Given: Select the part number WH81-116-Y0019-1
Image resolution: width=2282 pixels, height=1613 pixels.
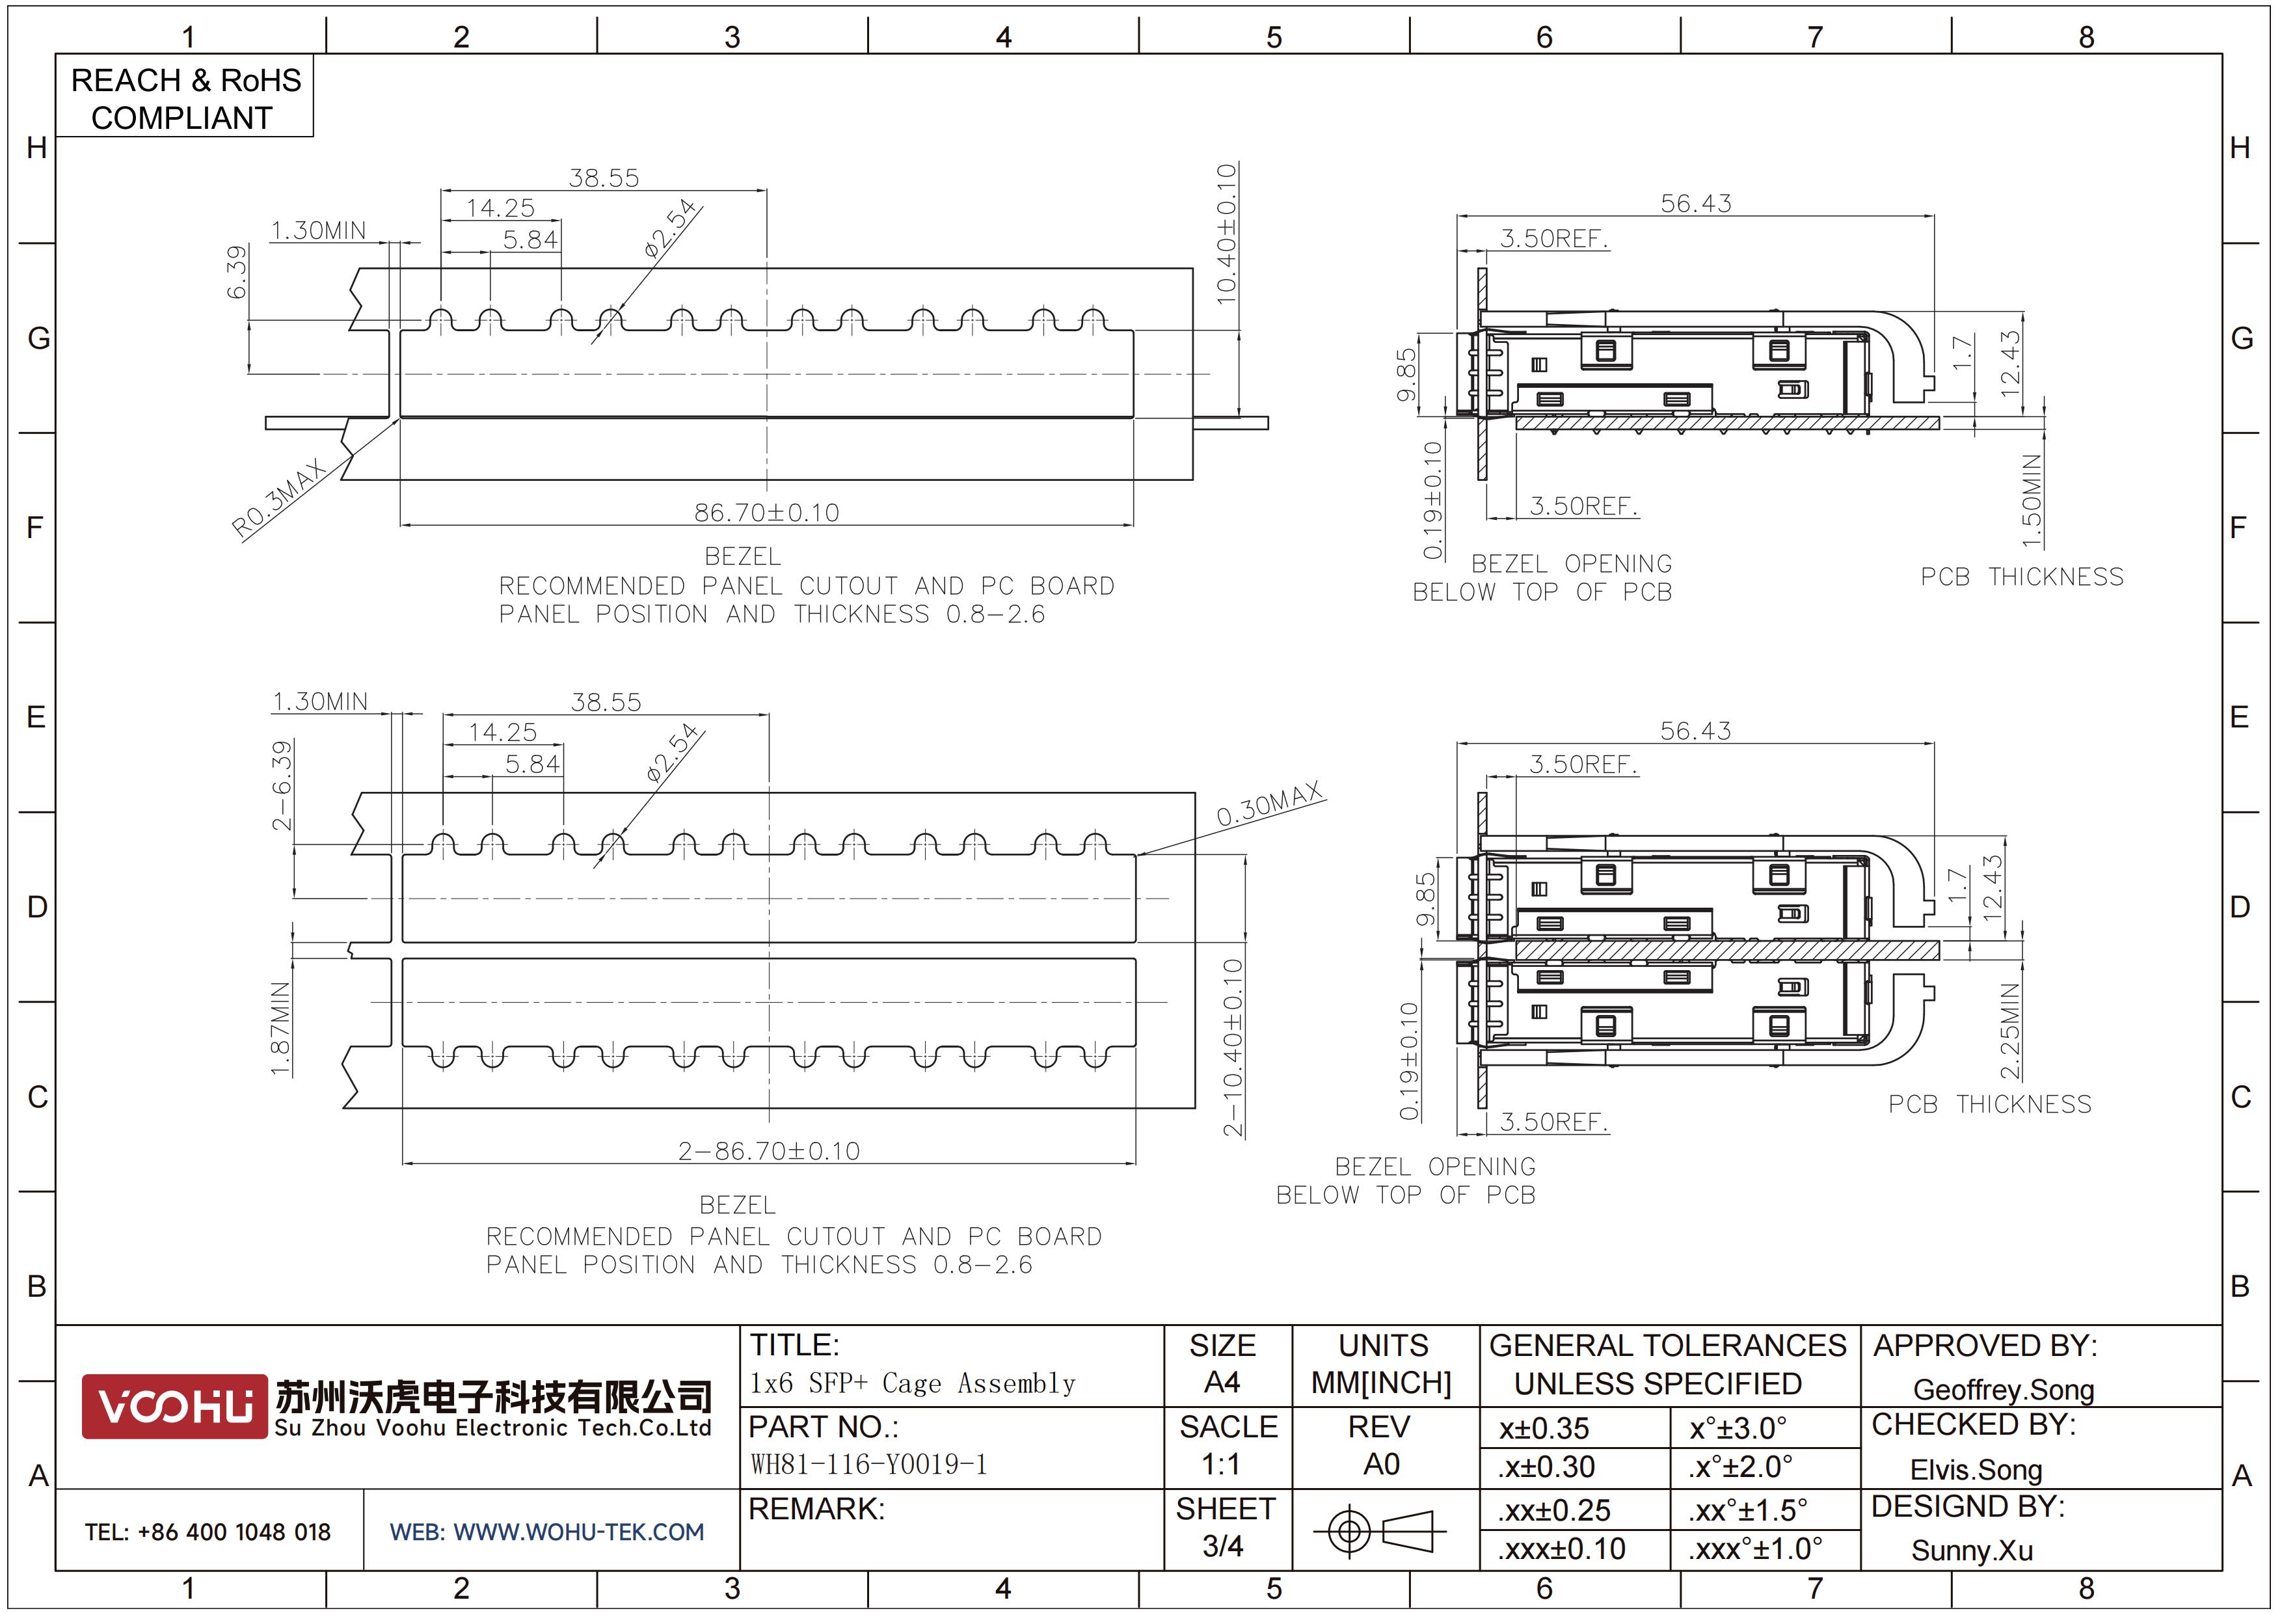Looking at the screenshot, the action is pyautogui.click(x=868, y=1464).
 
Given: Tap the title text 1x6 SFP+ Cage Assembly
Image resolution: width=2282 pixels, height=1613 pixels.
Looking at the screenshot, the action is pyautogui.click(x=913, y=1383).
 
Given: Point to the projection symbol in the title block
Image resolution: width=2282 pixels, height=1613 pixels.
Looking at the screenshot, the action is pyautogui.click(x=1380, y=1530).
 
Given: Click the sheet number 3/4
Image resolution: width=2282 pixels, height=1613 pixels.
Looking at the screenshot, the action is pyautogui.click(x=1222, y=1547).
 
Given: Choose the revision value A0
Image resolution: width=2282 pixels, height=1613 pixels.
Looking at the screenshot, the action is pyautogui.click(x=1382, y=1464).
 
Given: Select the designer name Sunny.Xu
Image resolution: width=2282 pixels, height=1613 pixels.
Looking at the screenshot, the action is pyautogui.click(x=1972, y=1551).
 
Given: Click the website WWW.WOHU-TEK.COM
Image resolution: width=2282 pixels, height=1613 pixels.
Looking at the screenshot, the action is pyautogui.click(x=578, y=1532).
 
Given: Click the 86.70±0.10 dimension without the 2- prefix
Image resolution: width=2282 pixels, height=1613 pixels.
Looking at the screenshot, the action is pyautogui.click(x=766, y=512).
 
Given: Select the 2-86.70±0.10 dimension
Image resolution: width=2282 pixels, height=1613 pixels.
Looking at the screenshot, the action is pyautogui.click(x=770, y=1151).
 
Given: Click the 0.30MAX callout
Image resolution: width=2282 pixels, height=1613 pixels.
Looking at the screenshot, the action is pyautogui.click(x=1270, y=803).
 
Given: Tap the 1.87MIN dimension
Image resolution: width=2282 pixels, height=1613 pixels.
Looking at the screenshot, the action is pyautogui.click(x=281, y=1029).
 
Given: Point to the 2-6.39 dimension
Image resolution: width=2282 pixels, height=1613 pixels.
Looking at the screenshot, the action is pyautogui.click(x=283, y=785).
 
